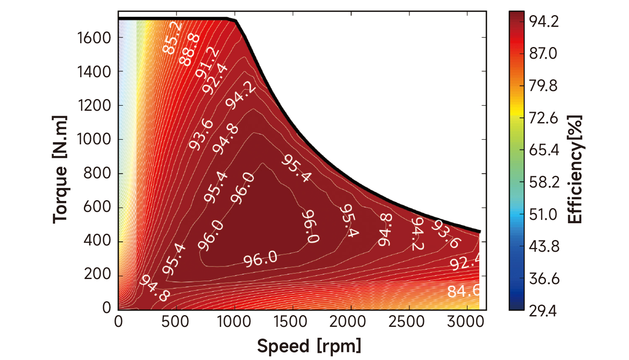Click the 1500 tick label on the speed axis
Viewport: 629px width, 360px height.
click(290, 322)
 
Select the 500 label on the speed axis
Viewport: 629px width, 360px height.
click(175, 322)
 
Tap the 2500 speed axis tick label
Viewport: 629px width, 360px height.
click(406, 322)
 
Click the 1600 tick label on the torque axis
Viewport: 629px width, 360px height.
click(94, 38)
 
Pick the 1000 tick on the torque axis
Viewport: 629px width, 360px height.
click(94, 139)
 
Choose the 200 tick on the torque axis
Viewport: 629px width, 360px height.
click(97, 274)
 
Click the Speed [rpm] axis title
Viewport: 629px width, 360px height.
click(309, 346)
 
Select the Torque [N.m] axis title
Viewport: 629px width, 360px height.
click(60, 170)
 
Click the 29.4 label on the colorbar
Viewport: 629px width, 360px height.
click(543, 311)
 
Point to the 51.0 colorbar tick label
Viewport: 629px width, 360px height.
click(543, 214)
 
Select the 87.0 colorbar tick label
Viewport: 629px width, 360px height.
click(543, 54)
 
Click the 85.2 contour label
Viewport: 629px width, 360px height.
click(172, 38)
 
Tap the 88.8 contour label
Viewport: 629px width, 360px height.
click(190, 50)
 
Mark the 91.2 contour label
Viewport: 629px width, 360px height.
click(207, 63)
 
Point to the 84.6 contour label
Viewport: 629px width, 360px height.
click(463, 290)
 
